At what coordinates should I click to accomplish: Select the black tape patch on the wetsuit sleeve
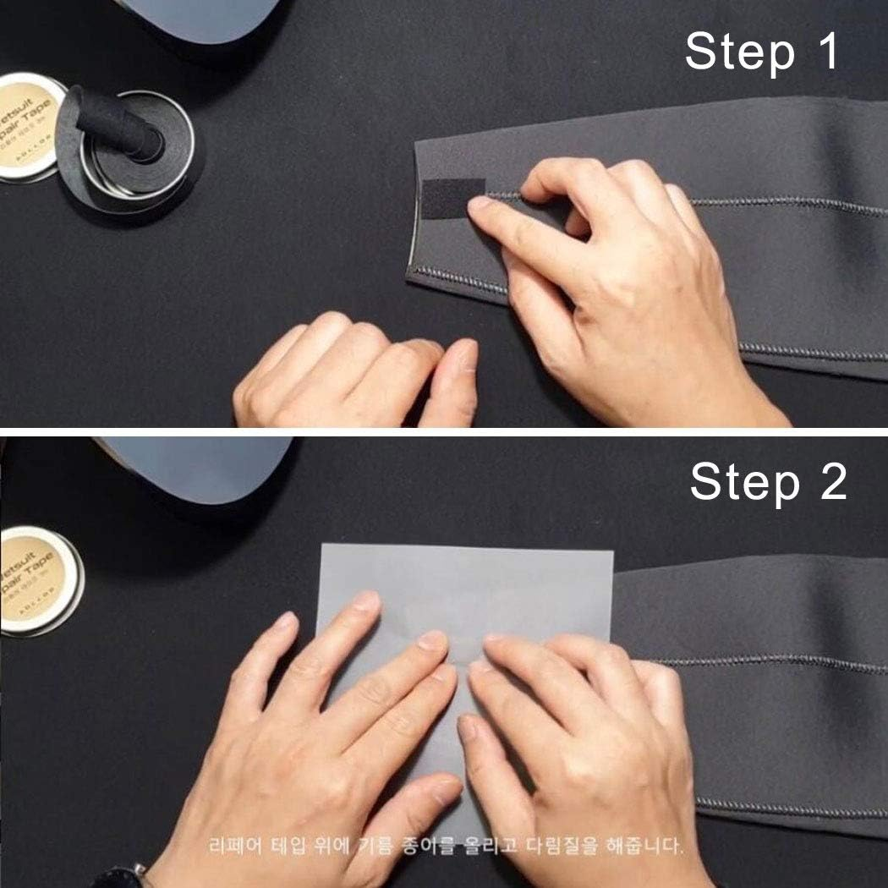pos(453,198)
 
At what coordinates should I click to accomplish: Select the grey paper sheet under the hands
pos(465,584)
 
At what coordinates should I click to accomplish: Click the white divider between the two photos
pos(444,431)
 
